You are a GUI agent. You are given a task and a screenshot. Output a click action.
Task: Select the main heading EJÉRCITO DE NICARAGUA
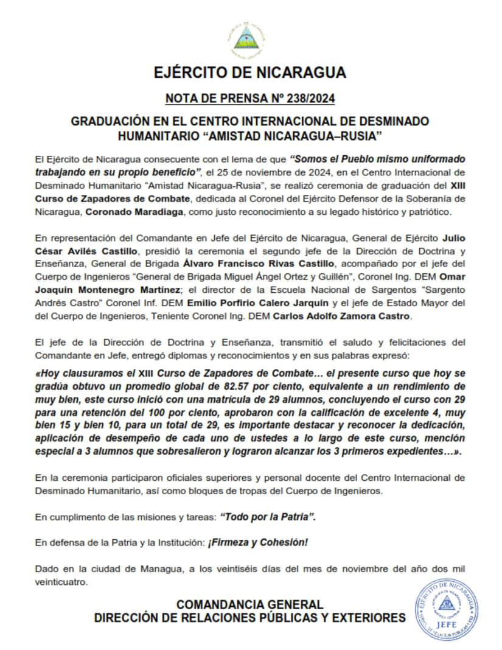(250, 72)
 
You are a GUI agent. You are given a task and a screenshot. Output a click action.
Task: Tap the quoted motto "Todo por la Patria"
(268, 517)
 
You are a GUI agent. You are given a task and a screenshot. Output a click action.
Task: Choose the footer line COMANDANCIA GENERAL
(249, 604)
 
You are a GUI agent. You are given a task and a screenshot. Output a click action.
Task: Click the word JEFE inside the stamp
(446, 624)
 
